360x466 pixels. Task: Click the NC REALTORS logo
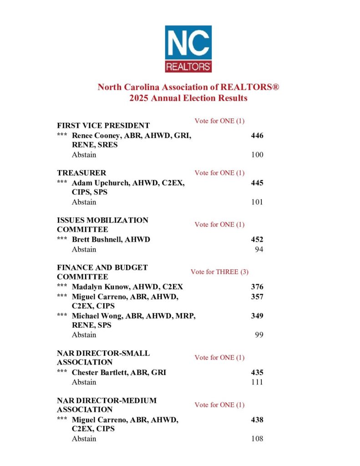click(188, 49)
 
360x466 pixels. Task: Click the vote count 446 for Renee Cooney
click(257, 136)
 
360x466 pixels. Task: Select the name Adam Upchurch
click(97, 183)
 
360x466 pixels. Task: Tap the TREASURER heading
click(81, 173)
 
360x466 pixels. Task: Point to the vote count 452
click(257, 239)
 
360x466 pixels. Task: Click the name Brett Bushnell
click(94, 239)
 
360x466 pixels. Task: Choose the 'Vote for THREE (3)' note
click(219, 272)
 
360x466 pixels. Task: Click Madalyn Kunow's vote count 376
click(257, 287)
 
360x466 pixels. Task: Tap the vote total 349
click(257, 315)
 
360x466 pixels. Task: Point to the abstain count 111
click(257, 382)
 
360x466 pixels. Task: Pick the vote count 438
click(257, 420)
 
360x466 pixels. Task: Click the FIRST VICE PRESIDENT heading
click(103, 126)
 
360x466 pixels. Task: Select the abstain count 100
click(257, 155)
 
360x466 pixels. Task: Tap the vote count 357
click(257, 297)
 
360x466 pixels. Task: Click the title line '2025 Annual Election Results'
click(188, 98)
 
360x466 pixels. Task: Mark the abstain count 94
click(259, 249)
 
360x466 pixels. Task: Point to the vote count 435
click(257, 372)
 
